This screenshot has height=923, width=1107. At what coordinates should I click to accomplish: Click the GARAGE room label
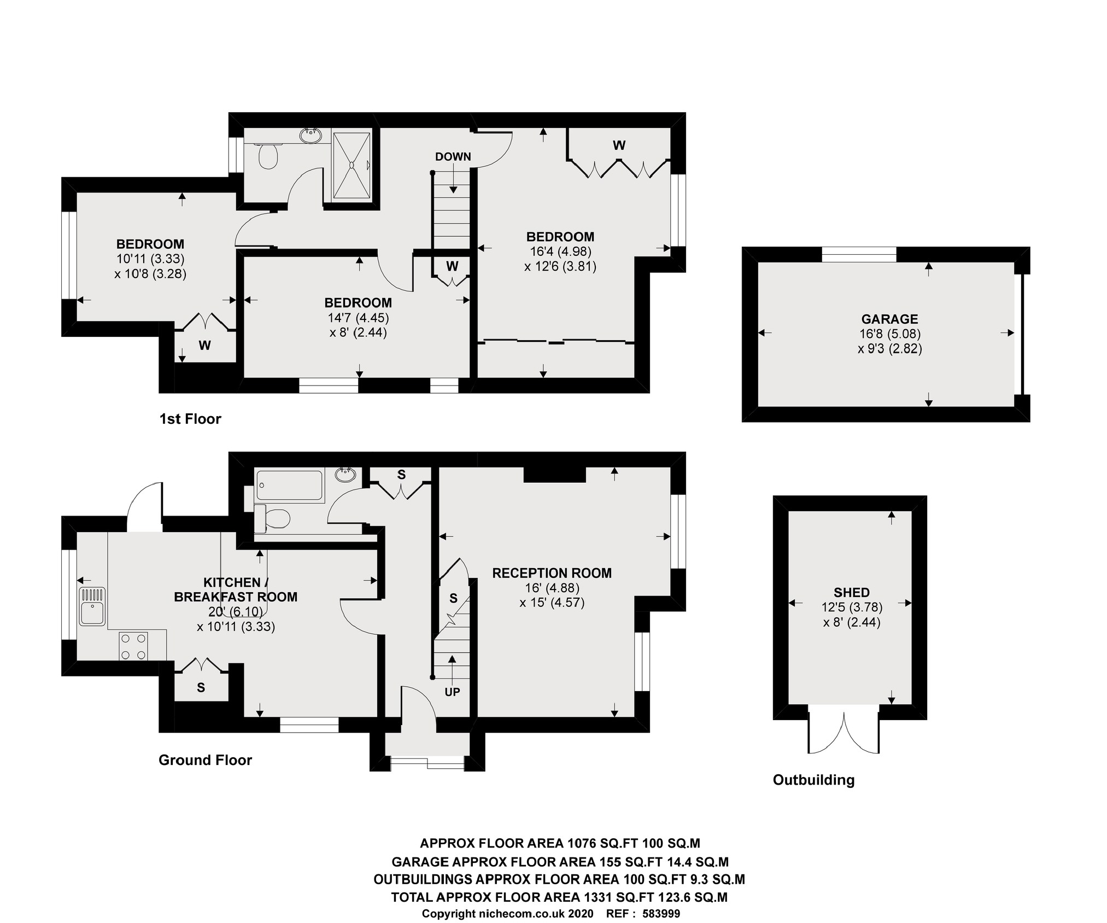point(889,319)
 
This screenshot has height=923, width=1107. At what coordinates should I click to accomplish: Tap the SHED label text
point(851,592)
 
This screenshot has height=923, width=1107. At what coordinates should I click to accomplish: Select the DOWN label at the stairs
point(453,156)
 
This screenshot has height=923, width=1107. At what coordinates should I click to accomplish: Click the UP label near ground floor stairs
point(452,692)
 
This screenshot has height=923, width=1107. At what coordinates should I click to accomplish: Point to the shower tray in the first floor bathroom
point(352,165)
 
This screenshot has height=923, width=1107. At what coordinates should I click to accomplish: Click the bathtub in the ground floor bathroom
point(289,485)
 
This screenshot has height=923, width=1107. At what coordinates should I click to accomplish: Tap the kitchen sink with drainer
point(92,606)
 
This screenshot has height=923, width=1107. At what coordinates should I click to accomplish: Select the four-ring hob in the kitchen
point(133,646)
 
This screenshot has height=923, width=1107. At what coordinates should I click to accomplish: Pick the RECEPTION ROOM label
point(552,573)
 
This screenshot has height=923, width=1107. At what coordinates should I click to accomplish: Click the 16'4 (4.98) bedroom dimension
point(560,252)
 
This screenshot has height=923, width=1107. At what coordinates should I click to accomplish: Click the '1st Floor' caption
point(190,419)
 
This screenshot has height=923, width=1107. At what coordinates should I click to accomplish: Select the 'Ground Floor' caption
point(205,760)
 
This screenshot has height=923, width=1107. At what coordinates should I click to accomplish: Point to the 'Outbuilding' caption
point(813,780)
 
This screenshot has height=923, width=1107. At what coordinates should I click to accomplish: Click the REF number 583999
point(661,914)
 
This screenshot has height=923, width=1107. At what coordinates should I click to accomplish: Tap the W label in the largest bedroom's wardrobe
point(619,145)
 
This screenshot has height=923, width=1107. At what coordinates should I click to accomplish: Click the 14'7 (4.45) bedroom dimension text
point(358,318)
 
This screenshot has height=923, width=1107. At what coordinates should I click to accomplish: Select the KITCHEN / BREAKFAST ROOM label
point(236,589)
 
